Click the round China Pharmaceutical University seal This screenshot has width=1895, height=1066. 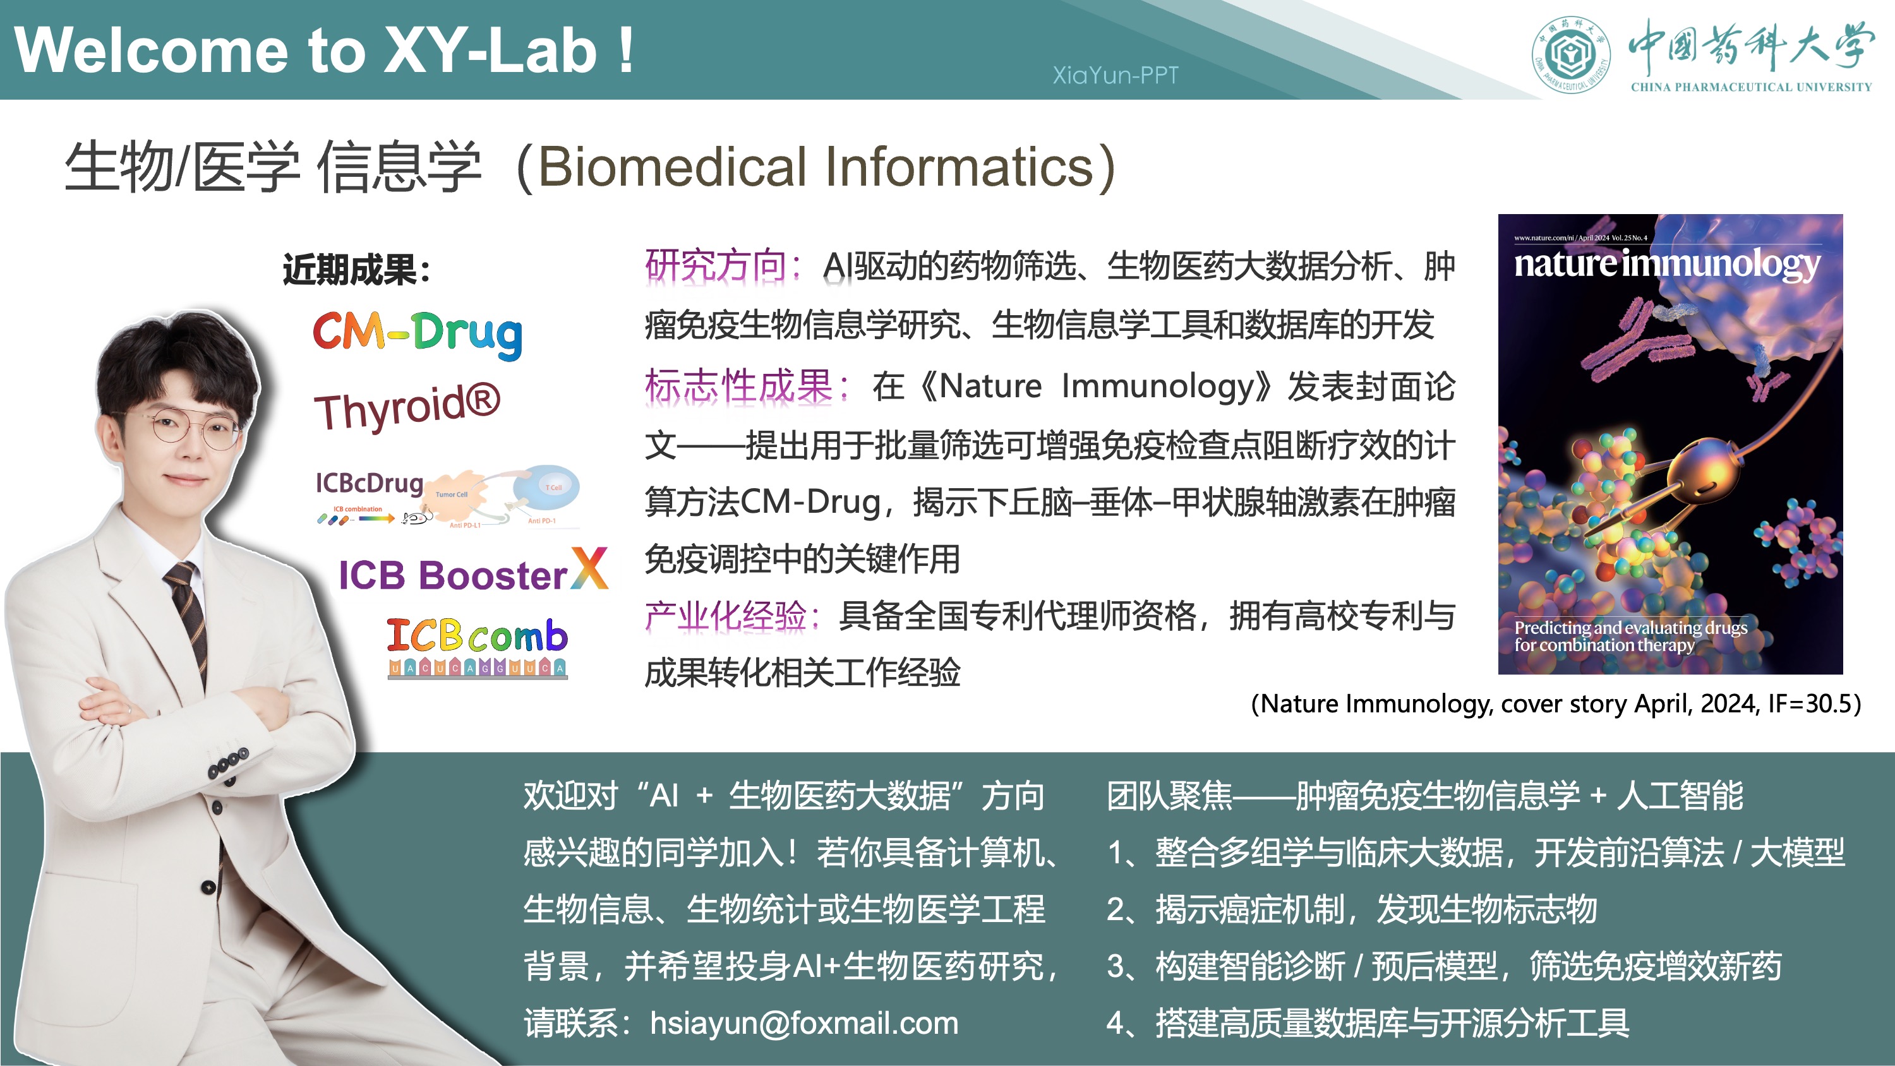click(x=1570, y=54)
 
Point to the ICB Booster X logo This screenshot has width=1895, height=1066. click(x=473, y=572)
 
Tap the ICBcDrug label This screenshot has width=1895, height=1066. click(x=370, y=483)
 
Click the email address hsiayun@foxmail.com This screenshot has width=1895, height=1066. click(x=803, y=1022)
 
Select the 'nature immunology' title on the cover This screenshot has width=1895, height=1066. click(x=1666, y=263)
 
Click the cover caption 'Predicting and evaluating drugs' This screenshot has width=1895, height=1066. click(x=1630, y=628)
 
